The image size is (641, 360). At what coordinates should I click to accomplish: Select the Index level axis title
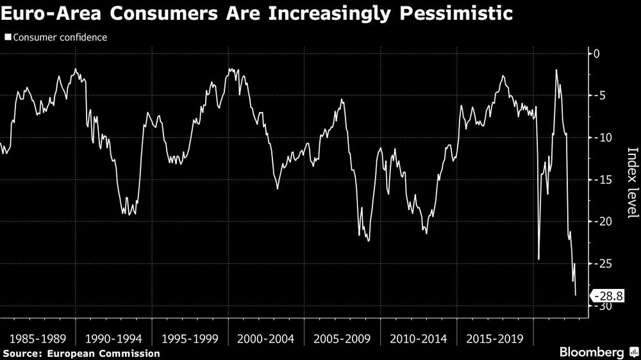632,183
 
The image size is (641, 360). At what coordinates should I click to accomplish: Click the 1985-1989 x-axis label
37,338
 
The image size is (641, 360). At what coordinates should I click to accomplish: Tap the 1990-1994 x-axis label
113,338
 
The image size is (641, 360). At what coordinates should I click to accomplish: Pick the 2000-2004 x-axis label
265,338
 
